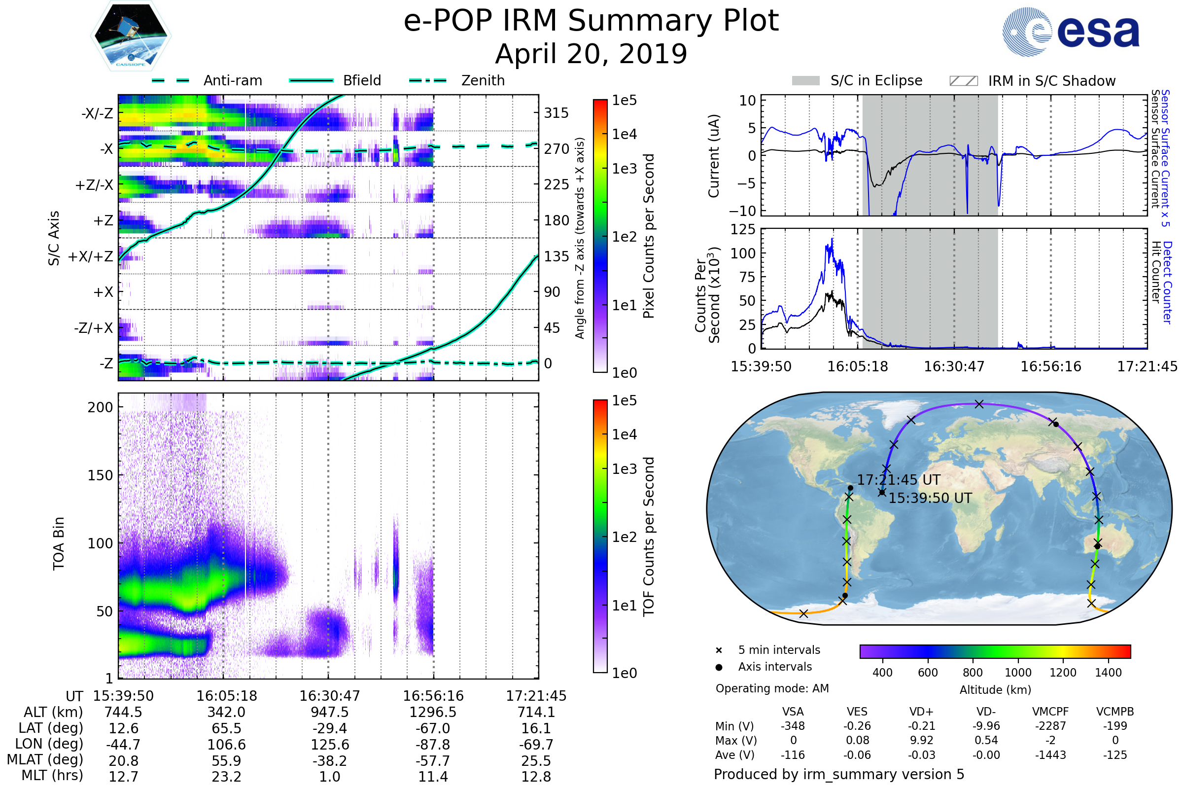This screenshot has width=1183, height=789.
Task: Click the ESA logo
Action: coord(1071,32)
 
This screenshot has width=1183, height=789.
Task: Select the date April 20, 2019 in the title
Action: coord(591,54)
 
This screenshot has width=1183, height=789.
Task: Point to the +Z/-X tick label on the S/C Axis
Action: coord(94,185)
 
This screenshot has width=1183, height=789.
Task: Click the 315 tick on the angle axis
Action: coord(556,113)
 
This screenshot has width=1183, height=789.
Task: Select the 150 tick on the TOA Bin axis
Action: coord(100,475)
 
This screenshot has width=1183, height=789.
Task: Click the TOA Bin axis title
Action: coord(59,543)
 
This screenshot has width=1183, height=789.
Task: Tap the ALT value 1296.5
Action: coord(433,712)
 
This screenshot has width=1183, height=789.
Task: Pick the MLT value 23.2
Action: coord(226,776)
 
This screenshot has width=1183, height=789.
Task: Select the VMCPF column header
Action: coord(1050,712)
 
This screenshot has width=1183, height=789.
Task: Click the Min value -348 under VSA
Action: coord(793,726)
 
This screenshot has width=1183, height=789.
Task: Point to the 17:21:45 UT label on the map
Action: coord(898,480)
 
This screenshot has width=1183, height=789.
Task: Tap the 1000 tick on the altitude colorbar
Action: coord(1017,673)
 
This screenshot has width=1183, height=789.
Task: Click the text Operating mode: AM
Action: coord(772,688)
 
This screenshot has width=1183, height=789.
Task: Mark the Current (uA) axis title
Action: coord(714,156)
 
